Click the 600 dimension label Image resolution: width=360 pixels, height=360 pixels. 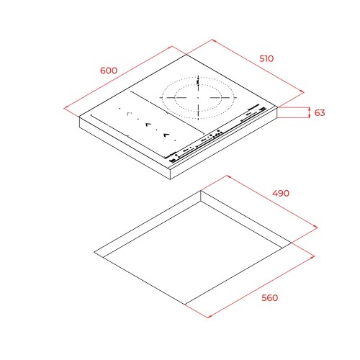point(109,71)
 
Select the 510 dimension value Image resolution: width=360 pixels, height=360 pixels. point(266,59)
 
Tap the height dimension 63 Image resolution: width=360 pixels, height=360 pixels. point(320,112)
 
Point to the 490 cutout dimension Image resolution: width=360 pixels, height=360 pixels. point(281,193)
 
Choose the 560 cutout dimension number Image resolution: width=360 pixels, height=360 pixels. point(270,298)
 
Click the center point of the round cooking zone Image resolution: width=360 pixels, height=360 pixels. point(198,98)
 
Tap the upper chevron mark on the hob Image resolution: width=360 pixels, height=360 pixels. point(148,125)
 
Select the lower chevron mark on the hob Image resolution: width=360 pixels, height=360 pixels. point(166,135)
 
